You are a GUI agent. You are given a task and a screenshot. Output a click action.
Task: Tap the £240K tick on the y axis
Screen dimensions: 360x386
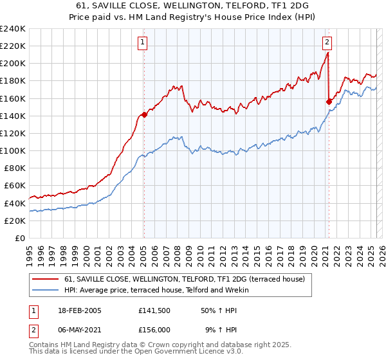pos(13,29)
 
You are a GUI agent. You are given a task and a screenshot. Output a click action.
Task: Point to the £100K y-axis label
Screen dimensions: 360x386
pos(13,150)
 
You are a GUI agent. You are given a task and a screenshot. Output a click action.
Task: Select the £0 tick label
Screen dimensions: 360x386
pos(21,238)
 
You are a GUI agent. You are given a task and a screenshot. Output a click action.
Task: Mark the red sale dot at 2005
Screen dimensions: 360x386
pos(144,115)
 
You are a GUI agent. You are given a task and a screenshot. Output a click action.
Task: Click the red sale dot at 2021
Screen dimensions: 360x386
pos(329,102)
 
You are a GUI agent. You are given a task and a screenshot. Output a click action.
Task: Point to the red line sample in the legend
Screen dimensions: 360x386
pos(46,278)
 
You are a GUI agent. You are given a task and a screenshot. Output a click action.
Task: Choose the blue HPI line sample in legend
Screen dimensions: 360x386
pos(46,290)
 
